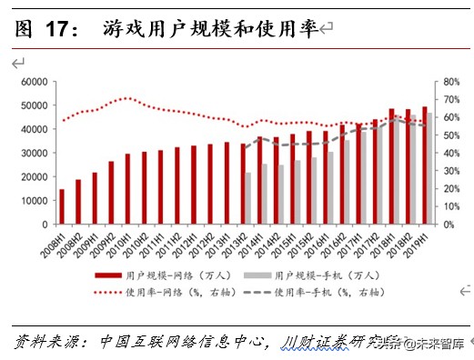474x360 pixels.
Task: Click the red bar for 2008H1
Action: pos(62,206)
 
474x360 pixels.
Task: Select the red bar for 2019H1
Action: pos(424,165)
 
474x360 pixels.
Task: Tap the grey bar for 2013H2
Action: pos(248,198)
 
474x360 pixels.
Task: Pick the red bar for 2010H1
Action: pos(127,188)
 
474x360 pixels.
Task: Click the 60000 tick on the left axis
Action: pos(35,81)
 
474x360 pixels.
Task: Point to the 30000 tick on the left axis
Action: pos(35,153)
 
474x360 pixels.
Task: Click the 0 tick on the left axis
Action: pos(44,224)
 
